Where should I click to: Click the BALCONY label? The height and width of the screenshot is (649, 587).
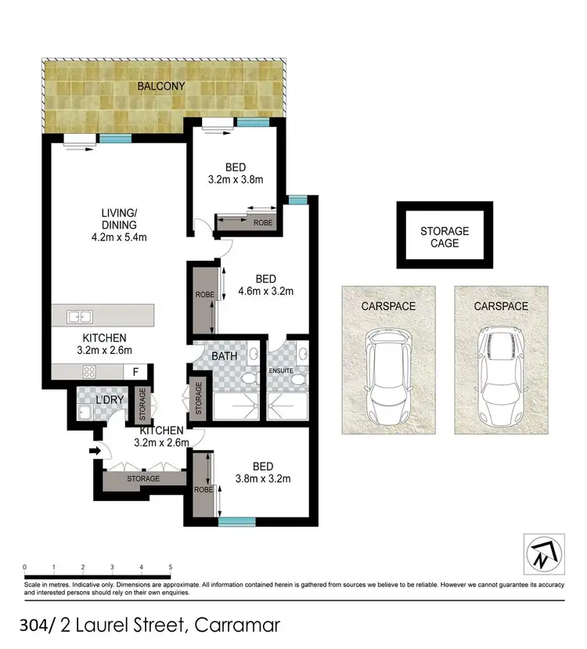(161, 86)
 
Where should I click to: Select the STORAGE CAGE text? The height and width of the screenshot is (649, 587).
(445, 236)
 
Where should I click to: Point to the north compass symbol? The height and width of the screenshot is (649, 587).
(543, 553)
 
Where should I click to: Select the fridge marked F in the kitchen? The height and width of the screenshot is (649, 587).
(135, 372)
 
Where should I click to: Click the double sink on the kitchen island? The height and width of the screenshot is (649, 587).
(80, 316)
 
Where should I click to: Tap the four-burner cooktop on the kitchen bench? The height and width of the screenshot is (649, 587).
(89, 372)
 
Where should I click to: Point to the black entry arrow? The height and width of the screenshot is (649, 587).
(96, 451)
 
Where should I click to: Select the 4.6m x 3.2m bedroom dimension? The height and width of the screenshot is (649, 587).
(266, 292)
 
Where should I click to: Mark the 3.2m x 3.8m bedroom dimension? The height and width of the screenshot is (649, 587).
(236, 179)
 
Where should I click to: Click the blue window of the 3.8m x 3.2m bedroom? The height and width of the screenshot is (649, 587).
(237, 521)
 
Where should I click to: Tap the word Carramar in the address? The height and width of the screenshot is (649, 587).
(236, 626)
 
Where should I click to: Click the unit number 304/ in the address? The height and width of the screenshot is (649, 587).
(38, 626)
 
